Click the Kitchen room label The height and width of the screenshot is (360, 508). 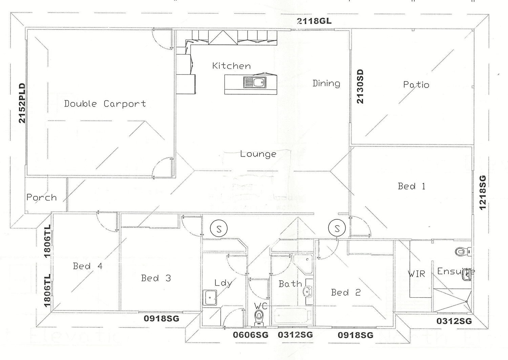(x=231, y=66)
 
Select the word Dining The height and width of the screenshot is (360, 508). (x=326, y=83)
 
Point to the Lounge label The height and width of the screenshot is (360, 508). (x=258, y=154)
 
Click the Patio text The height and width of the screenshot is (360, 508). (x=416, y=85)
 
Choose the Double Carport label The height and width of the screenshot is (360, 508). (x=105, y=104)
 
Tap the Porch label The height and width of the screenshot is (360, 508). (x=41, y=197)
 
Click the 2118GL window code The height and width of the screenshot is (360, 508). (x=314, y=21)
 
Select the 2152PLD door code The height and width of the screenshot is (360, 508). (x=22, y=103)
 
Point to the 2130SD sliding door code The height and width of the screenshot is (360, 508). (x=360, y=87)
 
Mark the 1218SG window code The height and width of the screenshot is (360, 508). (x=483, y=193)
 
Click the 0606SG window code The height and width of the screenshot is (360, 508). (x=251, y=335)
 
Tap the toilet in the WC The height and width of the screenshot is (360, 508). (x=259, y=318)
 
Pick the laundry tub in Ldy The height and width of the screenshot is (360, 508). (x=210, y=298)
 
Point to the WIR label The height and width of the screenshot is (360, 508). (x=416, y=274)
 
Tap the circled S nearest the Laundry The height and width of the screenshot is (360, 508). (x=219, y=229)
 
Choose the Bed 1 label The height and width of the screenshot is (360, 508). (x=411, y=186)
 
